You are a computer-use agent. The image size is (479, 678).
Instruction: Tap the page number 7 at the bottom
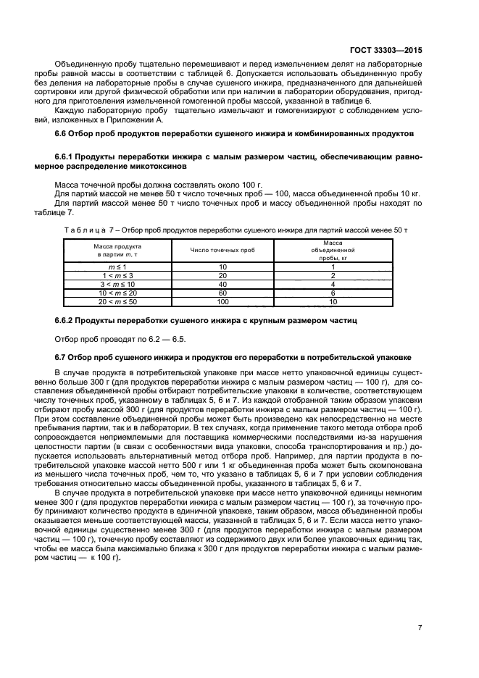coord(420,628)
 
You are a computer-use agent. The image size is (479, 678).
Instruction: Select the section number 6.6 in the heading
coord(62,134)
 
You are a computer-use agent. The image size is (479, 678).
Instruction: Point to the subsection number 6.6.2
coord(67,319)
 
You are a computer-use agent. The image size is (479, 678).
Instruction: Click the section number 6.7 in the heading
coord(62,357)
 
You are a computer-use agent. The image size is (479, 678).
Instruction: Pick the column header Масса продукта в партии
coord(117,250)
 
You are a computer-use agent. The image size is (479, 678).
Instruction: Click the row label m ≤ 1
coord(117,268)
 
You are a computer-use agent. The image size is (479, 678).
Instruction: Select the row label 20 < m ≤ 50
coord(117,301)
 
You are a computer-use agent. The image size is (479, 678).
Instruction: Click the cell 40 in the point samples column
coord(222,285)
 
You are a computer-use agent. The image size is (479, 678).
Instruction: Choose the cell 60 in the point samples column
coord(222,293)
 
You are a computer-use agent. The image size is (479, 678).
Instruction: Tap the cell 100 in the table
coord(222,301)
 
